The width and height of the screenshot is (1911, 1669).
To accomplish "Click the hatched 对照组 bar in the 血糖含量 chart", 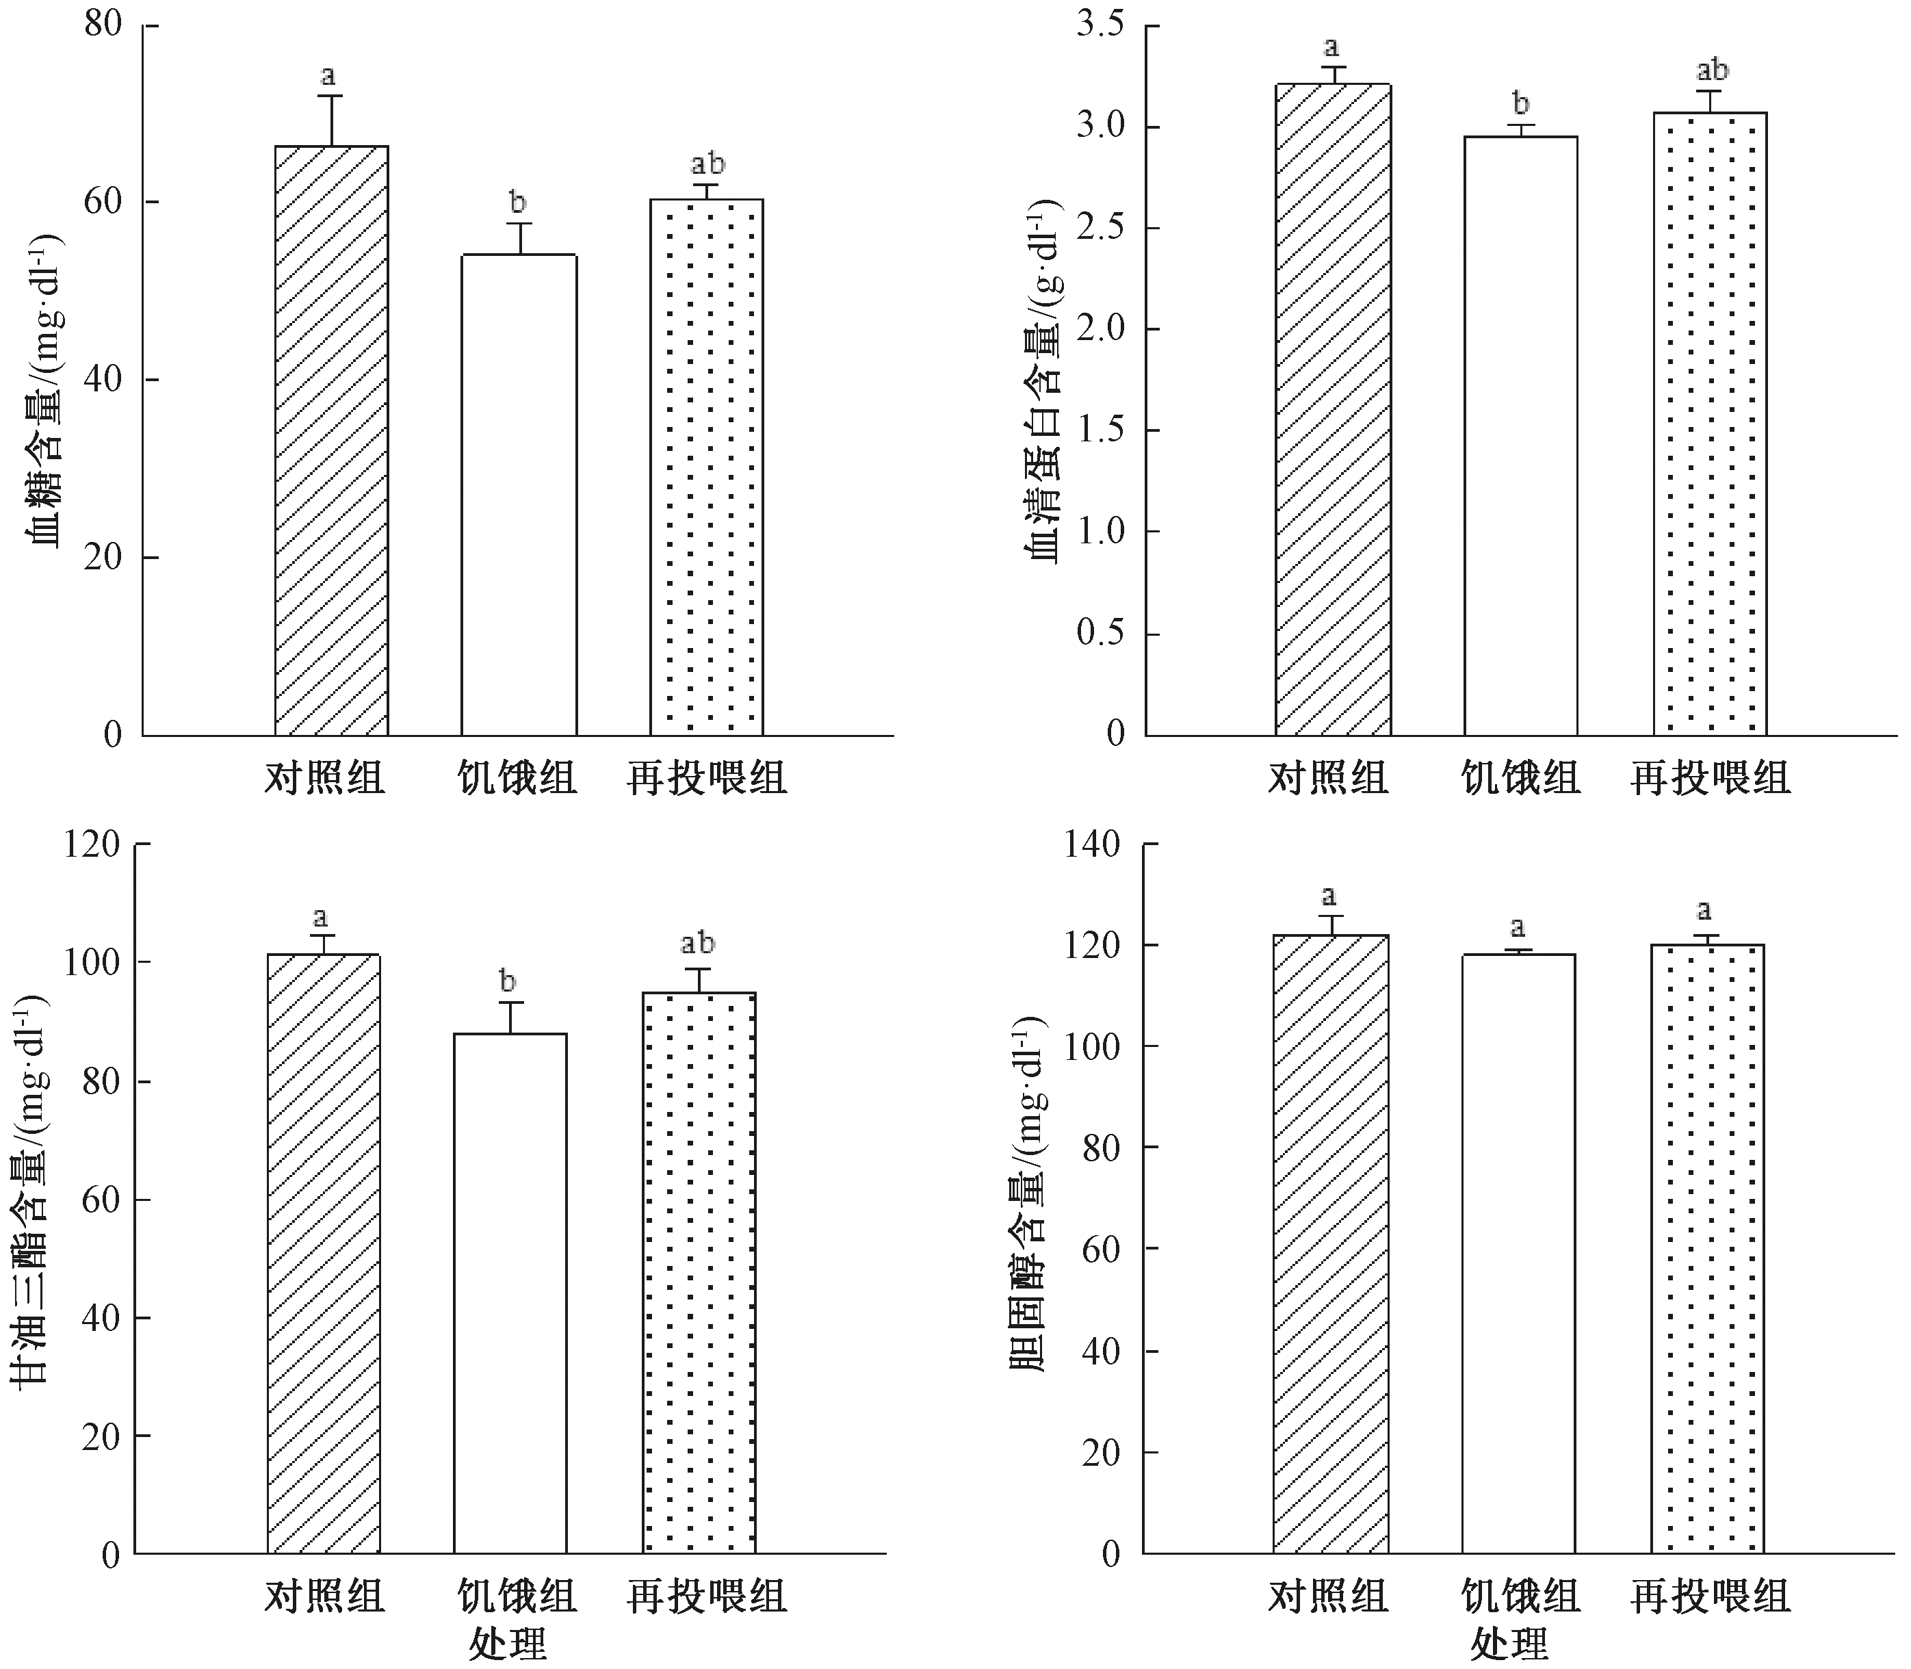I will click(x=332, y=441).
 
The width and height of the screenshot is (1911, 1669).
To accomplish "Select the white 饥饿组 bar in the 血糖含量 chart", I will click(x=519, y=495).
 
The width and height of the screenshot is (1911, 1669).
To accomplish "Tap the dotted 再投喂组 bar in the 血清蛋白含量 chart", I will click(x=1710, y=424).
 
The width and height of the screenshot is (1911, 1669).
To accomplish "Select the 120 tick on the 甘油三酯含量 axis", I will click(x=92, y=844).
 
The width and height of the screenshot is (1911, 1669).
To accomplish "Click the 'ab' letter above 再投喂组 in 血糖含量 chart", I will click(x=707, y=165).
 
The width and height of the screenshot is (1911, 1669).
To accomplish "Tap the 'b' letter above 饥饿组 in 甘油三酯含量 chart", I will click(x=508, y=982).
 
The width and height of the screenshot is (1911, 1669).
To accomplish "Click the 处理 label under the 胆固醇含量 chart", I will click(x=1509, y=1645).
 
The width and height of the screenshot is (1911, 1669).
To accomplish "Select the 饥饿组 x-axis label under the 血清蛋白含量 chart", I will click(x=1520, y=777).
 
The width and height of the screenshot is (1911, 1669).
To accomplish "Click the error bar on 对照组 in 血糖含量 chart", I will click(x=328, y=119).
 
